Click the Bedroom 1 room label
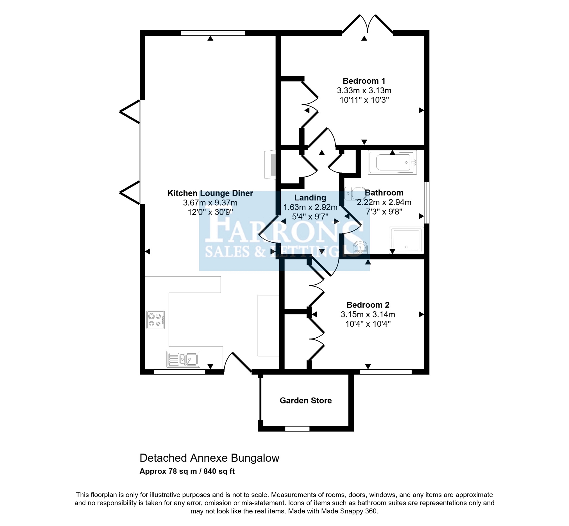point(364,81)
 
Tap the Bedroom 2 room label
point(368,305)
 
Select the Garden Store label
point(305,401)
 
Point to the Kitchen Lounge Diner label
point(210,193)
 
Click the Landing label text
point(310,198)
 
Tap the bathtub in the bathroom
point(392,162)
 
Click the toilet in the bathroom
point(355,193)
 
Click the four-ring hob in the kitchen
point(156,320)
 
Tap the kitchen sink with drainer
point(183,359)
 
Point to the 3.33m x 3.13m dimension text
point(364,91)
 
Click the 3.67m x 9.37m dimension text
point(210,203)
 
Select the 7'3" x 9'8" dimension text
point(384,212)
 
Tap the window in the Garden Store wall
point(297,429)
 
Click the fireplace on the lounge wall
point(270,164)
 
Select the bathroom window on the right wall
point(427,203)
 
